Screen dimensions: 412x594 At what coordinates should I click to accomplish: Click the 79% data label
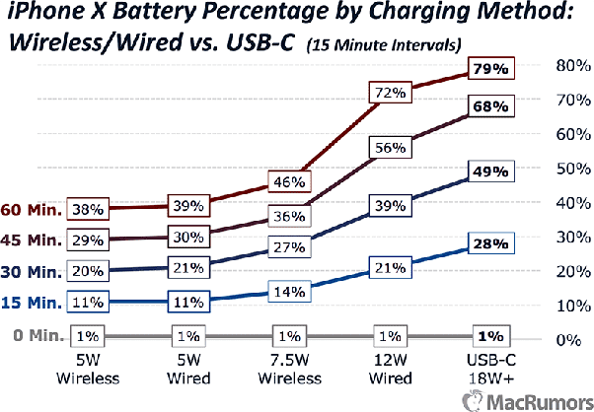pyautogui.click(x=490, y=70)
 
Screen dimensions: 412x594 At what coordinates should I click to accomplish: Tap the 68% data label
pyautogui.click(x=490, y=105)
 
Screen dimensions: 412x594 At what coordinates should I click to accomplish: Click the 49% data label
pyautogui.click(x=490, y=172)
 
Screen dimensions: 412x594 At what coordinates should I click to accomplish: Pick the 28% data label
pyautogui.click(x=490, y=242)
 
